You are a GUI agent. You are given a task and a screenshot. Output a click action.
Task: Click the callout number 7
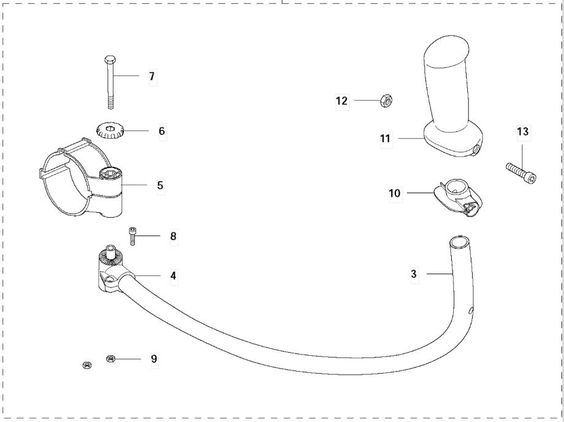(x=151, y=77)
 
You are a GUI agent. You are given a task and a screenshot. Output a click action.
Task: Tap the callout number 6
(x=161, y=131)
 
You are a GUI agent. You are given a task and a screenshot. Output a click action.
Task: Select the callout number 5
(x=160, y=184)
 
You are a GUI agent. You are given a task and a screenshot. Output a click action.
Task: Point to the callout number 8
(x=173, y=236)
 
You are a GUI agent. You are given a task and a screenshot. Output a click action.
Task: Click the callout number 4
(x=173, y=276)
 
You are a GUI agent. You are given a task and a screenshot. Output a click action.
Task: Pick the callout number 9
(x=154, y=358)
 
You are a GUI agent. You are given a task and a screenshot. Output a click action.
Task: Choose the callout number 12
(x=341, y=100)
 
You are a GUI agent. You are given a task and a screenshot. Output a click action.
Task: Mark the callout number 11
(x=385, y=139)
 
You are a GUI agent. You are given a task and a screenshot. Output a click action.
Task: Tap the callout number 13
(x=522, y=131)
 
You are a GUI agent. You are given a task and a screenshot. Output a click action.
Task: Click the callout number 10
(x=394, y=193)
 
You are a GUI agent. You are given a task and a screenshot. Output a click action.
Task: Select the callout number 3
(x=414, y=274)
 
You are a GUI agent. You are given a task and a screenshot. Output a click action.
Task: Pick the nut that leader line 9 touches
(x=112, y=358)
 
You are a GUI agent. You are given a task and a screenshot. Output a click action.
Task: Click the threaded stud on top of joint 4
(x=112, y=251)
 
